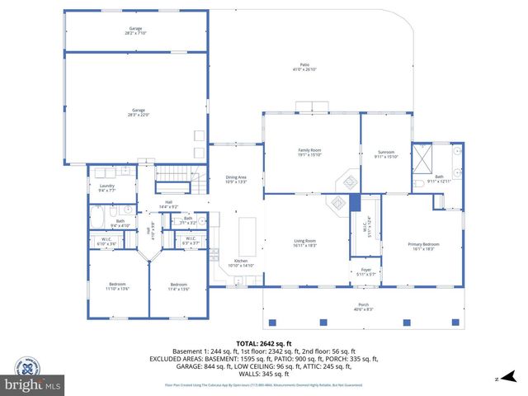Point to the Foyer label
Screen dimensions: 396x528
pyautogui.click(x=365, y=271)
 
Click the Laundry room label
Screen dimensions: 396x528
pyautogui.click(x=106, y=187)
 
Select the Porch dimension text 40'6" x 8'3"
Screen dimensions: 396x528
pyautogui.click(x=364, y=309)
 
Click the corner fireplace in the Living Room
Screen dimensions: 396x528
pyautogui.click(x=337, y=201)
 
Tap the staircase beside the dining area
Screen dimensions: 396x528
pyautogui.click(x=173, y=174)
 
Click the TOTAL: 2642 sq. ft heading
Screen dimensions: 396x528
pyautogui.click(x=263, y=343)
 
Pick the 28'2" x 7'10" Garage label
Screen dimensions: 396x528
pyautogui.click(x=135, y=31)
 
